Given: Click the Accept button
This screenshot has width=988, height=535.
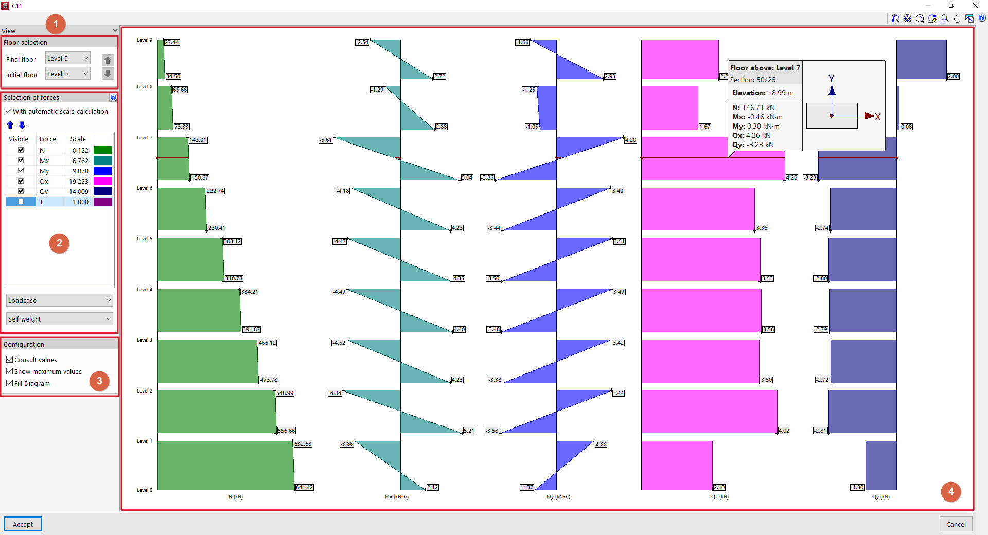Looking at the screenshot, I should coord(23,524).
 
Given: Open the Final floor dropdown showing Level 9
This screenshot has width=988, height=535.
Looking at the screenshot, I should coord(68,59).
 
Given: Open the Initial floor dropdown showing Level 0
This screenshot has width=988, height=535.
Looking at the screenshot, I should coord(68,74).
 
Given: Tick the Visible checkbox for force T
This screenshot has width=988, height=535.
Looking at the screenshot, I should coord(21,202).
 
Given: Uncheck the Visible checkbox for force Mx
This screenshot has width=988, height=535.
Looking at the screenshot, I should coord(21,160).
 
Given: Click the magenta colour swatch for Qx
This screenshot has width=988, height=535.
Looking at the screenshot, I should coord(102,181).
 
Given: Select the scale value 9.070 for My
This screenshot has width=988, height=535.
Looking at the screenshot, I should coord(80,171).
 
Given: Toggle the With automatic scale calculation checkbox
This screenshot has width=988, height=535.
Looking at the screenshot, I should coord(8,111).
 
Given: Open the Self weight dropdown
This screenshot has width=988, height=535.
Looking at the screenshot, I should coord(59,319).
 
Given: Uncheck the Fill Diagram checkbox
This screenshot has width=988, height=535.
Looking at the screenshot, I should coord(10,383).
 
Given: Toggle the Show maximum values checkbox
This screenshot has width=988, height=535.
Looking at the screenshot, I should coord(10,371).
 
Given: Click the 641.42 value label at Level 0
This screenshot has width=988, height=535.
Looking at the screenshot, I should coord(304,487).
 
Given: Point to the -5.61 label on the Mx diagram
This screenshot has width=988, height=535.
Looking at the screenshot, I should coord(325,140).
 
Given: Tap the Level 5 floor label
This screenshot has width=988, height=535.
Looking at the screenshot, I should coord(144,239).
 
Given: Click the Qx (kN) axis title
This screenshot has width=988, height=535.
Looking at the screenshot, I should coord(719,497).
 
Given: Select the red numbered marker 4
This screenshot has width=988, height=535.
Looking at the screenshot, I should coord(950,492).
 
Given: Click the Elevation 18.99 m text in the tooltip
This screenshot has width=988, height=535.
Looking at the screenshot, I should coord(763,93).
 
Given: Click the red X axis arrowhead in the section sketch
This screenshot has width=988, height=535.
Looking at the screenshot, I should coord(870,116).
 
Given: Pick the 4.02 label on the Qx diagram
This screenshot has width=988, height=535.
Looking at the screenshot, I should coord(784,431).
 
